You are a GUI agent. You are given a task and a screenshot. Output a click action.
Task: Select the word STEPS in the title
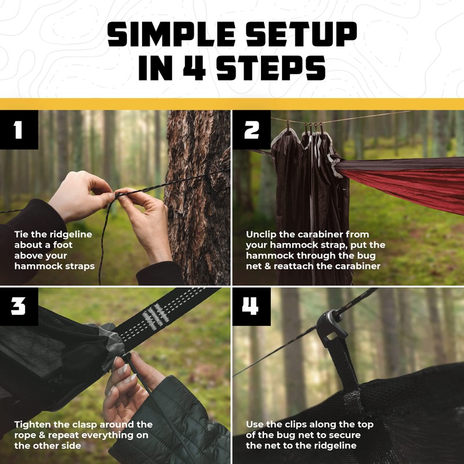point(275,68)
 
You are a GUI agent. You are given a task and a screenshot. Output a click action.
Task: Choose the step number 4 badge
point(251,306)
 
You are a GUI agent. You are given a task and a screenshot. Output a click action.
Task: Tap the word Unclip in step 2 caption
point(262,234)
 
